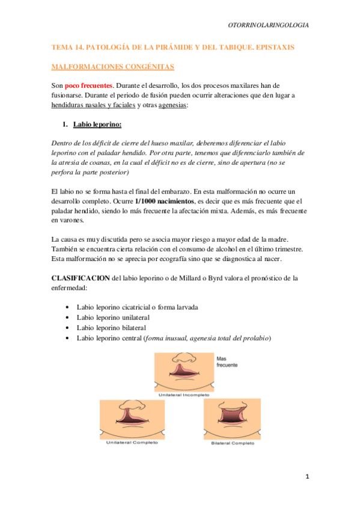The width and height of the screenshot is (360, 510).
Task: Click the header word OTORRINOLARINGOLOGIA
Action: click(x=269, y=25)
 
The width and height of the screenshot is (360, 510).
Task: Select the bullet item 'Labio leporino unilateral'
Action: click(x=113, y=317)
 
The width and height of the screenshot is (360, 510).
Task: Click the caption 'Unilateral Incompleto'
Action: click(x=184, y=395)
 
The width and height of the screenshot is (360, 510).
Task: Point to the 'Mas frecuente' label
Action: click(x=227, y=361)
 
